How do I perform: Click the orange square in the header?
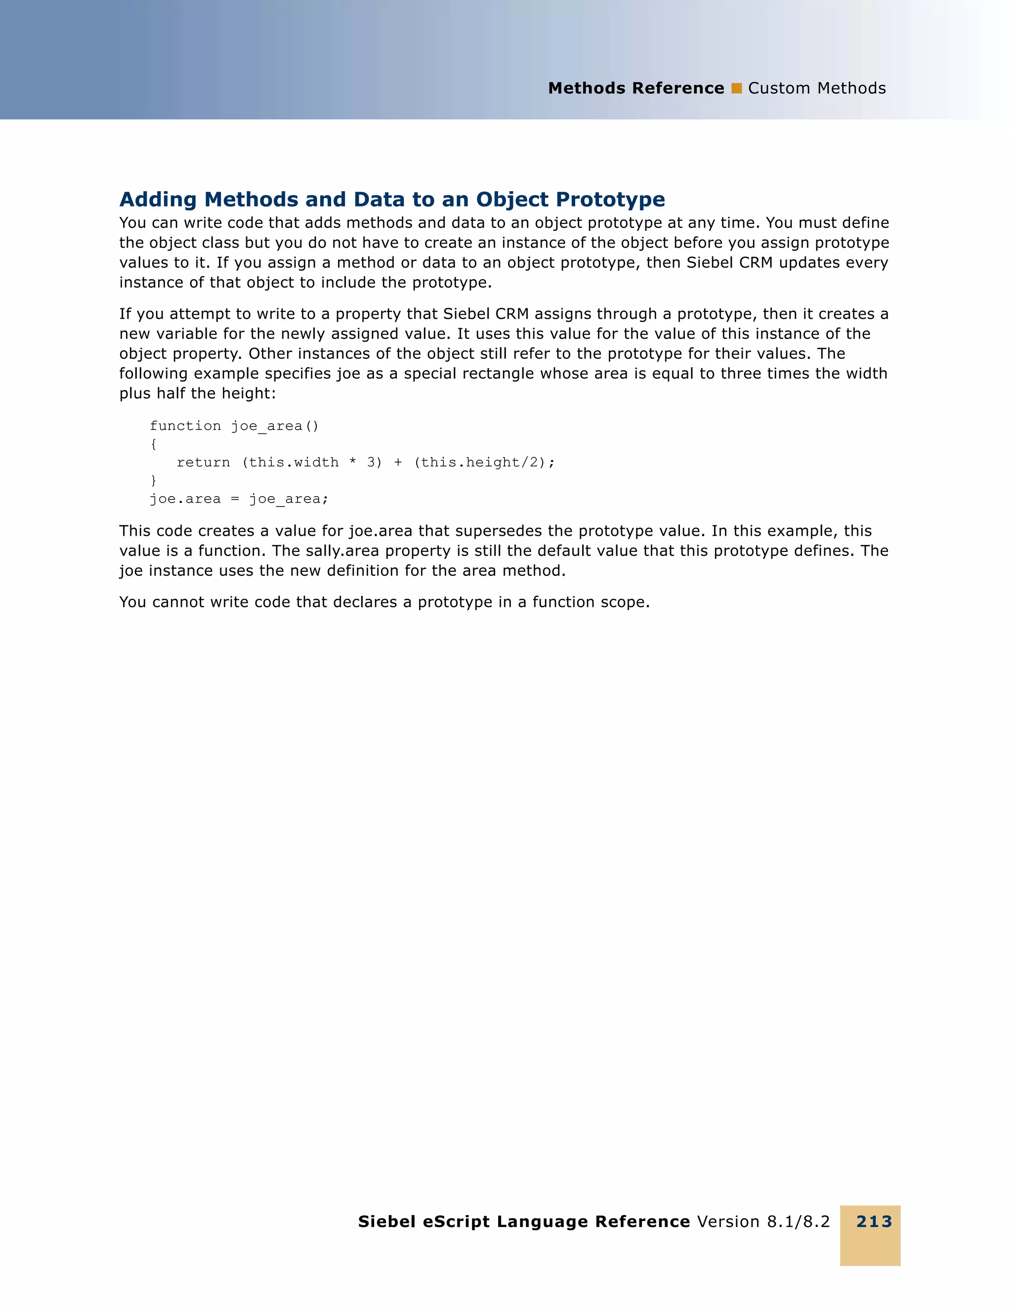click(736, 88)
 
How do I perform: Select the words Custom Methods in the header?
click(816, 88)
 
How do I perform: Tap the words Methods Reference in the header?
click(635, 88)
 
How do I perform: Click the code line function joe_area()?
click(234, 426)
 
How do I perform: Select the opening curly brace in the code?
click(154, 444)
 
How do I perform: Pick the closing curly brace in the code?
click(154, 480)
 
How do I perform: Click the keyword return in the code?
click(203, 462)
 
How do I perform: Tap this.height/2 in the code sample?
click(482, 462)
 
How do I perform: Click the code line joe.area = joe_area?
click(239, 499)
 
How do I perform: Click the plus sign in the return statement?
click(398, 462)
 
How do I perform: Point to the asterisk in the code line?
click(352, 462)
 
